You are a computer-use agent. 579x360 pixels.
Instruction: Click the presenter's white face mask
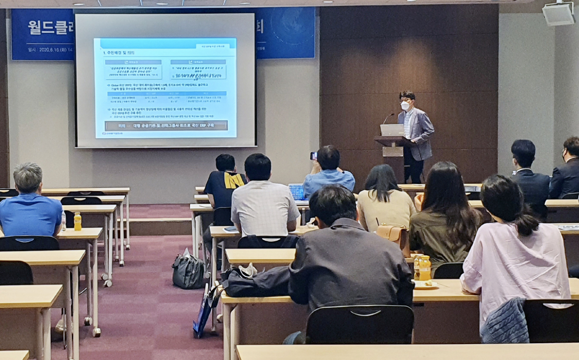point(405,105)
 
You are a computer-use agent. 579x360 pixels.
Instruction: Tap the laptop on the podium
point(392,130)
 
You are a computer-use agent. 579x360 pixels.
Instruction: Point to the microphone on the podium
point(387,118)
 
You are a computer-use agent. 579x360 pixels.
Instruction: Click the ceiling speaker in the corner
point(559,14)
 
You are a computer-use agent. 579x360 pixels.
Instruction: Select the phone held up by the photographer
point(314,156)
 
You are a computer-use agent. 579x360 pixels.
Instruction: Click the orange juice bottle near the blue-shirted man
point(77,222)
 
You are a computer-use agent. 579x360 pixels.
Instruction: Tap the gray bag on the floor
point(188,271)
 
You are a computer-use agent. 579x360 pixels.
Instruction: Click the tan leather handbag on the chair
point(392,235)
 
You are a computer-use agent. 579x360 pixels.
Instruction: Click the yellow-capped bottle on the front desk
point(424,268)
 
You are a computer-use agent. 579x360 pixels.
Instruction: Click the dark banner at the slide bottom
point(166,125)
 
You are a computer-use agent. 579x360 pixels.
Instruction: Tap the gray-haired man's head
point(28,177)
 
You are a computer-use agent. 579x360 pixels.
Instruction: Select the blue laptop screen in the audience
point(296,191)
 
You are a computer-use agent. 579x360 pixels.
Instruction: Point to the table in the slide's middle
point(166,98)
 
